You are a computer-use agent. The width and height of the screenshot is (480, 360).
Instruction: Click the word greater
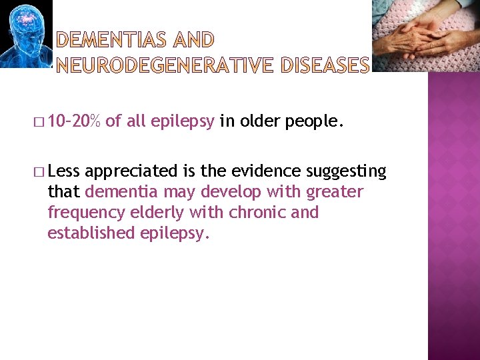click(334, 193)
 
